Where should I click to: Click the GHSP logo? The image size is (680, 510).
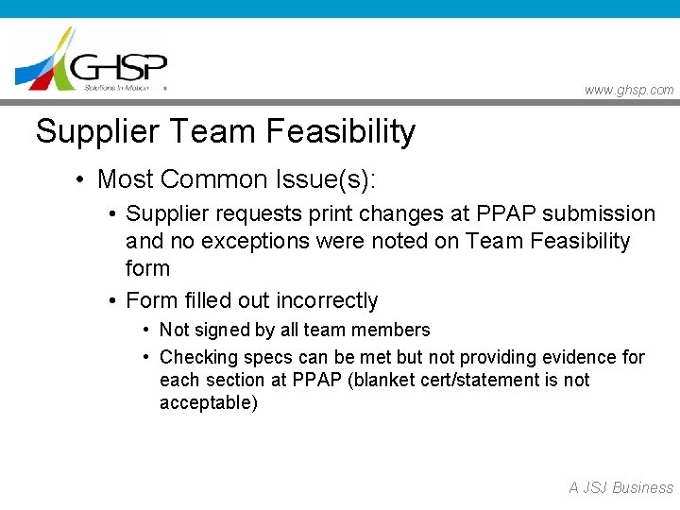click(x=92, y=59)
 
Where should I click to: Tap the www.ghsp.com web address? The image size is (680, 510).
click(x=629, y=90)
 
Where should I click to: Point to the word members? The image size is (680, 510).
click(x=392, y=330)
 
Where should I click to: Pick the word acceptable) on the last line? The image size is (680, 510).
click(x=208, y=403)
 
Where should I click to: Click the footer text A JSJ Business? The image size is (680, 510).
click(x=620, y=487)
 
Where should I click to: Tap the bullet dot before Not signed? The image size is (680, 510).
click(x=146, y=331)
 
